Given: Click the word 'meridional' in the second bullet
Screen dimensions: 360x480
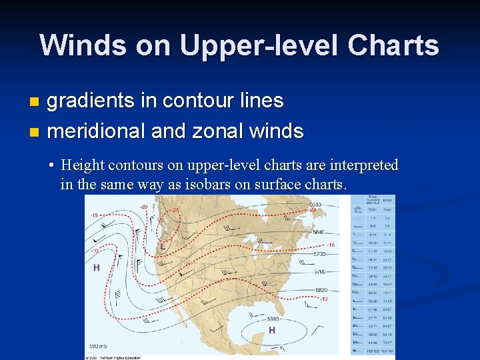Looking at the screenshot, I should pos(97,131).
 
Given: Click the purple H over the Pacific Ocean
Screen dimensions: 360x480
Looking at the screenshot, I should pos(97,267).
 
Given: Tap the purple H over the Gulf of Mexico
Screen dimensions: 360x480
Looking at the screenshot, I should pos(272,330).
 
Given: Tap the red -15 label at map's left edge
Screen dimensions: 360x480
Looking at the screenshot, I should pos(95,215).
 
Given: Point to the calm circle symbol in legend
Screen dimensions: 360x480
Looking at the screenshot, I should pos(359,209).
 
